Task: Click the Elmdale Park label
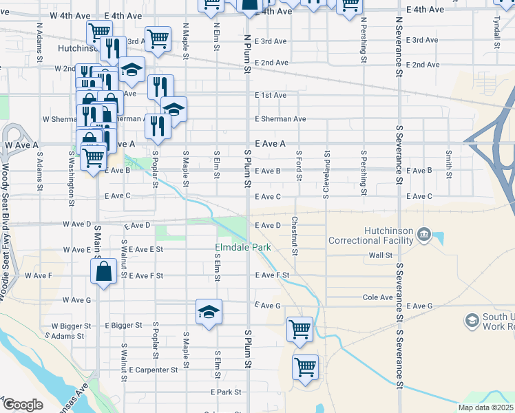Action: coord(243,247)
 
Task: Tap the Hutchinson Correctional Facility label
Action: coord(371,236)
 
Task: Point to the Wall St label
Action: coord(380,255)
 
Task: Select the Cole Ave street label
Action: coord(378,298)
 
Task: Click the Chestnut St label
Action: coord(295,236)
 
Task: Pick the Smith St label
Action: coord(449,164)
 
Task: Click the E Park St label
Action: coord(227,392)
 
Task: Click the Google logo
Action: coord(23,405)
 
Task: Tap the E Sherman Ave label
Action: coord(280,119)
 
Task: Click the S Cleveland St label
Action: coord(326,173)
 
